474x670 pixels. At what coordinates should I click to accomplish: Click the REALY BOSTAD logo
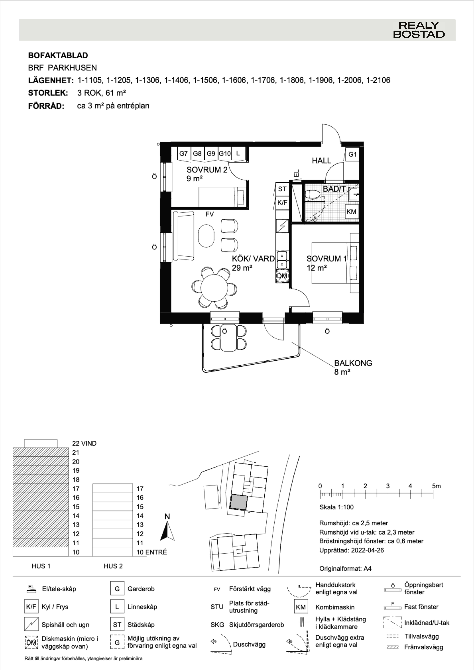point(419,30)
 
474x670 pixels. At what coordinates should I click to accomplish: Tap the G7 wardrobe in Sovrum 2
point(183,153)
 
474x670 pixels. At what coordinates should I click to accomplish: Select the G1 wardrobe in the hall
point(352,154)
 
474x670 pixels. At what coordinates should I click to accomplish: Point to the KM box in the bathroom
point(351,212)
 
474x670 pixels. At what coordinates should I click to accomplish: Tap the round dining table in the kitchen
point(215,288)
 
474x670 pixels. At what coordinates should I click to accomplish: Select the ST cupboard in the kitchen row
point(282,189)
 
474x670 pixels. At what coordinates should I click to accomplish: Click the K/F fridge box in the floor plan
point(282,202)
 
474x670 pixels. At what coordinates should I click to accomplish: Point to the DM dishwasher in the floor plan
point(282,276)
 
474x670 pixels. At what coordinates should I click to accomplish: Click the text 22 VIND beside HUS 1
point(84,443)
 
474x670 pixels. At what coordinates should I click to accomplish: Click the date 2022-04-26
point(367,550)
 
